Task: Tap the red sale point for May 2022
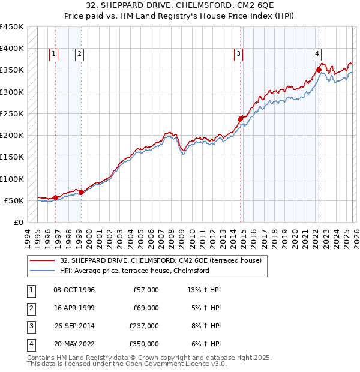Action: (x=319, y=70)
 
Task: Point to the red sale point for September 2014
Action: (x=240, y=119)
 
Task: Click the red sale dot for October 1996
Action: (x=56, y=197)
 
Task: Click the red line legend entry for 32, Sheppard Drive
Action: (x=161, y=261)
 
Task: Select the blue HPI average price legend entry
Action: (x=134, y=271)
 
